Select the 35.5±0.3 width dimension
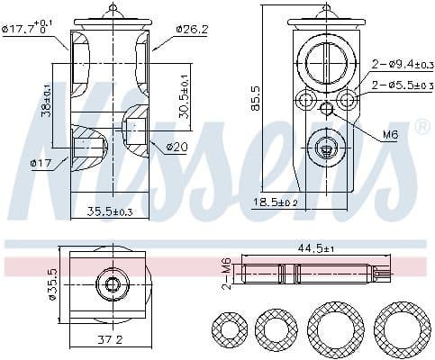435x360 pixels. point(111,212)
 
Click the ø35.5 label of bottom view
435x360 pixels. point(52,284)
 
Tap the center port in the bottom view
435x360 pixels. point(113,285)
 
